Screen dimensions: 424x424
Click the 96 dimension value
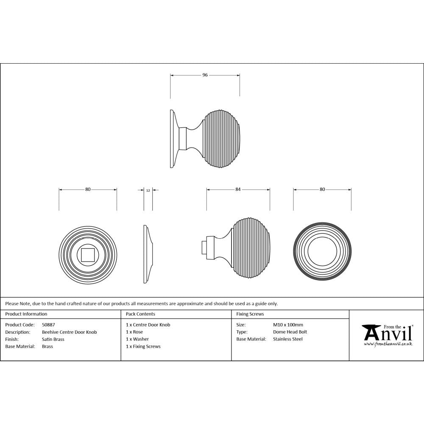click(205, 75)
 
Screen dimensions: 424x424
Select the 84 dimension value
click(238, 190)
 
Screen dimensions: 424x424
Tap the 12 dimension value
click(148, 191)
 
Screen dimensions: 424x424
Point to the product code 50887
click(48, 325)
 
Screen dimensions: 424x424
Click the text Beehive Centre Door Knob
click(69, 332)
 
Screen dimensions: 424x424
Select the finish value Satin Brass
click(53, 339)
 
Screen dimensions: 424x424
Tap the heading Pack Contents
click(140, 314)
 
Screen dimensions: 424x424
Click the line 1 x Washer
click(137, 339)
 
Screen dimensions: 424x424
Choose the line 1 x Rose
click(134, 332)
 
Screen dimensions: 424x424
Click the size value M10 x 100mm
click(288, 325)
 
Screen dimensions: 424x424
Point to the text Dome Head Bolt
click(290, 332)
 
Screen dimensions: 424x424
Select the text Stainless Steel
click(288, 339)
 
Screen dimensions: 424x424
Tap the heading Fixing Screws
click(250, 314)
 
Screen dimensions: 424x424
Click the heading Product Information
click(26, 314)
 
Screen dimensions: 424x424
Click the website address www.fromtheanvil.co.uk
click(388, 344)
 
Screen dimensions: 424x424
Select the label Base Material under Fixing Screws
click(251, 339)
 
